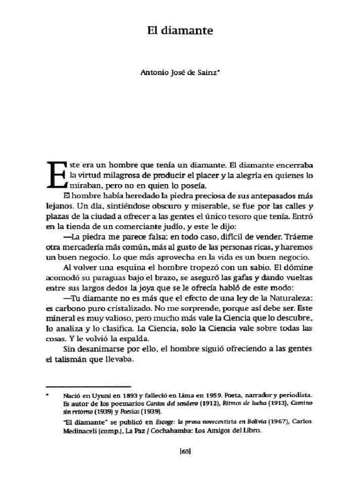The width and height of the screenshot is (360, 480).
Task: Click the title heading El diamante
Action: click(180, 31)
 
